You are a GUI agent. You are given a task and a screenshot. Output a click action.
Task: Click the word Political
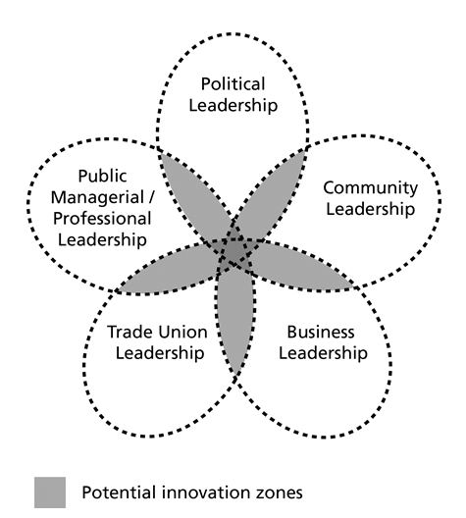pyautogui.click(x=233, y=84)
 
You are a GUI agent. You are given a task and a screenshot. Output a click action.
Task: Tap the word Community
pyautogui.click(x=371, y=188)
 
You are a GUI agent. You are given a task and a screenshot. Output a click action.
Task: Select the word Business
pyautogui.click(x=321, y=332)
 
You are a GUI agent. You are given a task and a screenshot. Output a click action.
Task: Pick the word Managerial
pyautogui.click(x=97, y=198)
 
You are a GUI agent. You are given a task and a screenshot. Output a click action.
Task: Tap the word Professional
pyautogui.click(x=102, y=219)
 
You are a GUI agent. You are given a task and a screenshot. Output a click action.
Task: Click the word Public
pyautogui.click(x=102, y=176)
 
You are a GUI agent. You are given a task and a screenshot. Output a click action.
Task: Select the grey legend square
pyautogui.click(x=50, y=492)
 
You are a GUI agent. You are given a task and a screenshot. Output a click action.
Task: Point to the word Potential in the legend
pyautogui.click(x=119, y=492)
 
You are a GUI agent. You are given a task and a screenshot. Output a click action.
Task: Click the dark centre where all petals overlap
pyautogui.click(x=234, y=253)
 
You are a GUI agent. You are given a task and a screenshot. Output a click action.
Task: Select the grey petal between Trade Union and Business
pyautogui.click(x=235, y=317)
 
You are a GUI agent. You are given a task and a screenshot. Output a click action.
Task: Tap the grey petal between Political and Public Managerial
pyautogui.click(x=195, y=195)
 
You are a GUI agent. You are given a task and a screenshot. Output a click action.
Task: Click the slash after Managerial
pyautogui.click(x=151, y=198)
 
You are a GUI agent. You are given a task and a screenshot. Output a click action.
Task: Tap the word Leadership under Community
pyautogui.click(x=371, y=209)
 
